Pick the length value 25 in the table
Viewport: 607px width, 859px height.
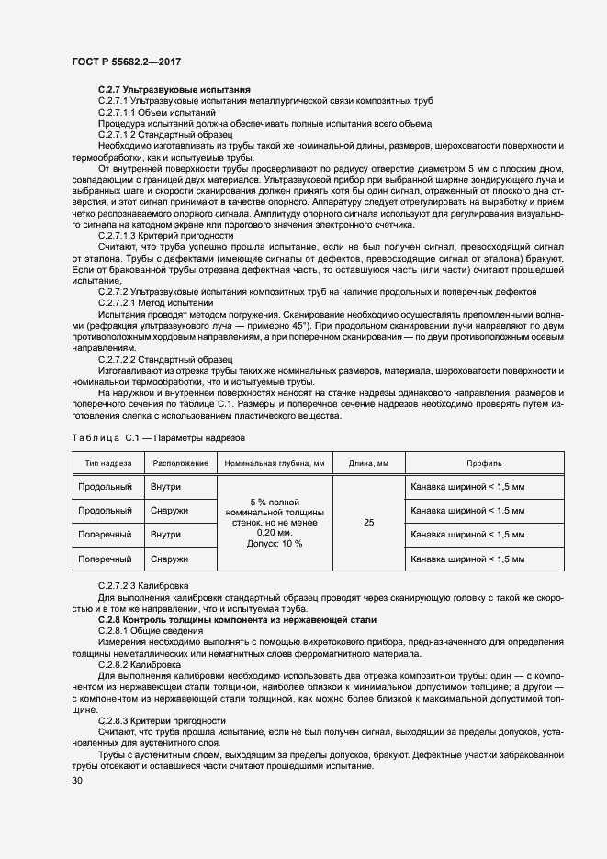[x=368, y=522]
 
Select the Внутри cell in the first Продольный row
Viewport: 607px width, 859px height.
[x=166, y=486]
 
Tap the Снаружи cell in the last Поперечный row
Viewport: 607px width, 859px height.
[x=171, y=559]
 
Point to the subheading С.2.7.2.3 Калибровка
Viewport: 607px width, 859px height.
[x=144, y=585]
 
